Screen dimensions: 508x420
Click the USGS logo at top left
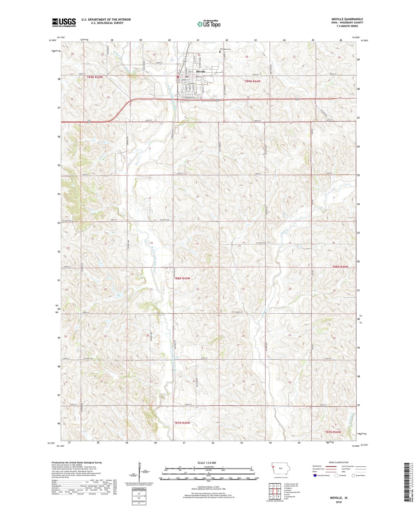click(64, 22)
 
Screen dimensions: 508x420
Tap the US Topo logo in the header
click(209, 24)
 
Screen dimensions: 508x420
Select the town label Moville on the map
click(201, 71)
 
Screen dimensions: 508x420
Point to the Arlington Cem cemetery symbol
click(220, 52)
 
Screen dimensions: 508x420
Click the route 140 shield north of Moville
click(184, 62)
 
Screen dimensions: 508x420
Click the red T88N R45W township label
click(182, 278)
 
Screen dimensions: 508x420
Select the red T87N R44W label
click(333, 432)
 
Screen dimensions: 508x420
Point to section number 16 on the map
click(151, 243)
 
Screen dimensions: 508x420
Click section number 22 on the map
click(198, 289)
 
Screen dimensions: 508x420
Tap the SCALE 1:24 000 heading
click(207, 463)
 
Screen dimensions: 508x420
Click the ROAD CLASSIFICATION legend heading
click(339, 462)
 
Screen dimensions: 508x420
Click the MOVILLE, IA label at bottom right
click(339, 498)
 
